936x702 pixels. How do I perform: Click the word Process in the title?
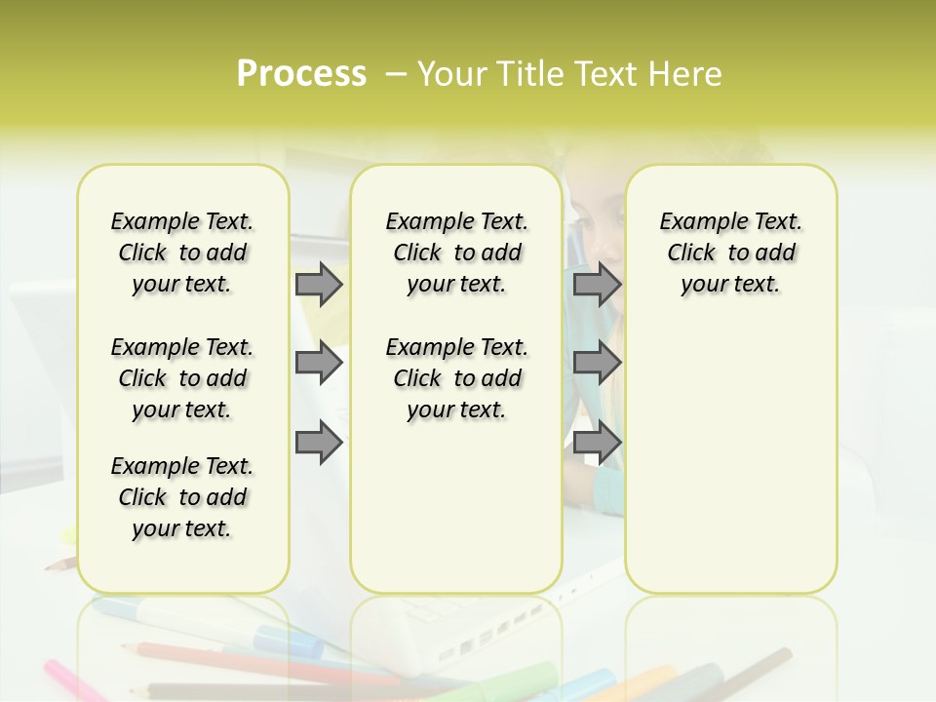(301, 74)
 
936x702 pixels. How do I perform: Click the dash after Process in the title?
(395, 75)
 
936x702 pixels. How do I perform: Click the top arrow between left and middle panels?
(318, 284)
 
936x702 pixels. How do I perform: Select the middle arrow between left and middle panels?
(318, 363)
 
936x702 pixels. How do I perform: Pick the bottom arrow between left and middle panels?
(318, 442)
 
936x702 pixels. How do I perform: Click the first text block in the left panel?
(182, 253)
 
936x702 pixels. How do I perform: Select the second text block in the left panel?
(182, 378)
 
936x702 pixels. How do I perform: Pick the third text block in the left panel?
(182, 497)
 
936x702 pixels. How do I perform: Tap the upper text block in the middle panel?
(456, 253)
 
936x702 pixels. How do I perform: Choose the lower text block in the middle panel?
(456, 378)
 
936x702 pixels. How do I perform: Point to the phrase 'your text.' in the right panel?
(730, 285)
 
